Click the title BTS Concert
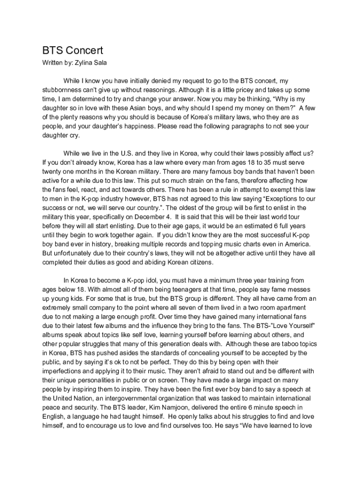[x=72, y=51]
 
